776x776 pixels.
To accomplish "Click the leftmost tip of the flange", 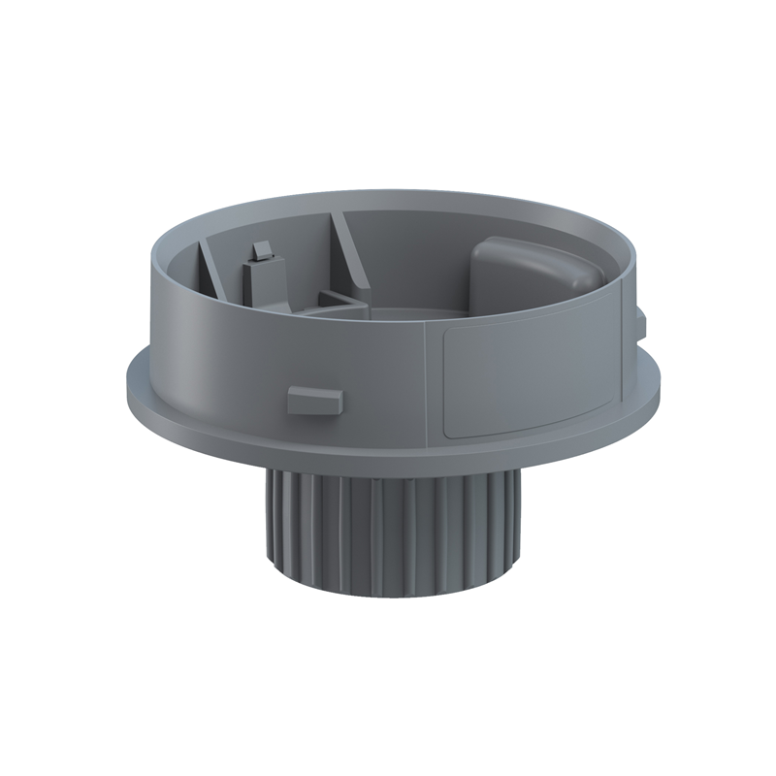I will click(x=128, y=373).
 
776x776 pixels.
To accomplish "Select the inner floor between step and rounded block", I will click(x=417, y=312).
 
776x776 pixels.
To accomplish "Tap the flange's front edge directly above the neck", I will click(x=388, y=464).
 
